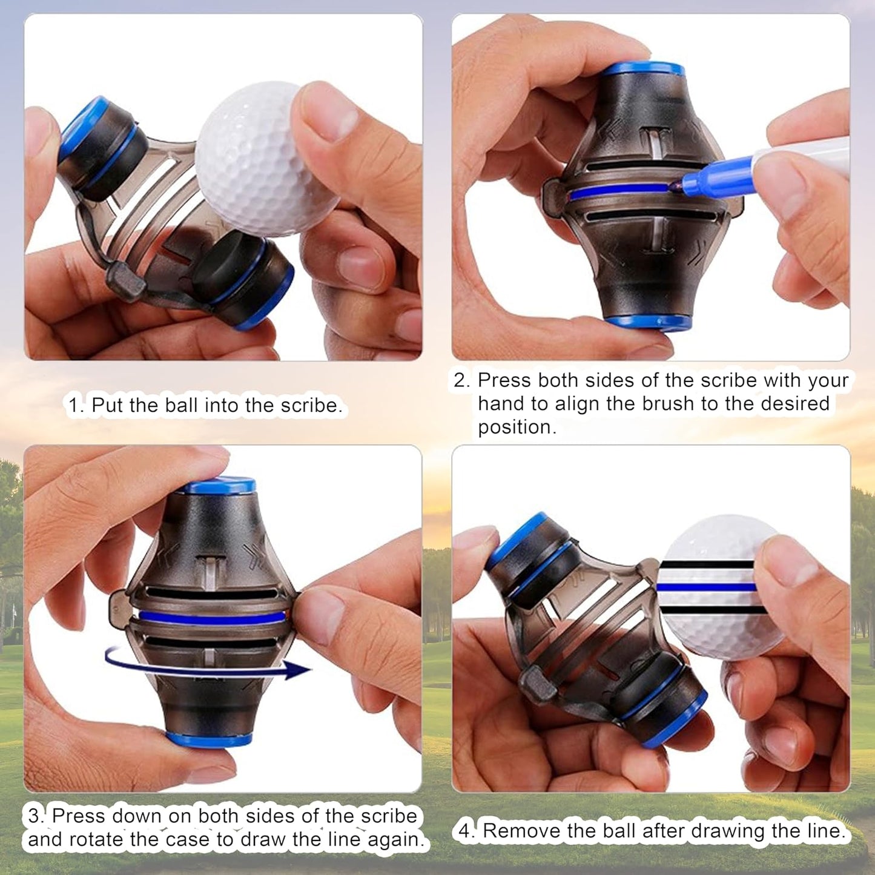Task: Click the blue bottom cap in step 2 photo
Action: point(649,322)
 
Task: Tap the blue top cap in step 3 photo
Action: point(219,485)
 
